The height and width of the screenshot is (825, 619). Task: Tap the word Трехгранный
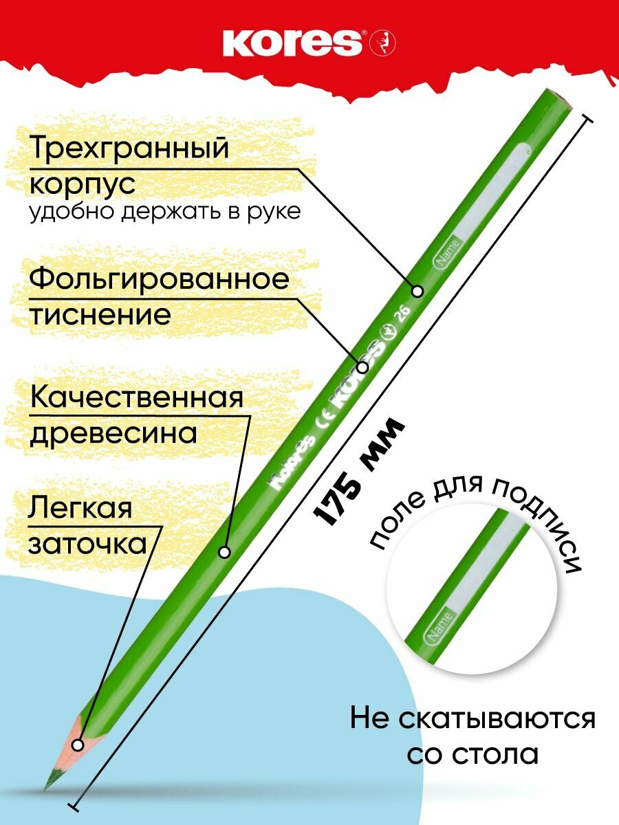coord(128,148)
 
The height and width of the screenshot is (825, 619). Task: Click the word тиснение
coord(99,316)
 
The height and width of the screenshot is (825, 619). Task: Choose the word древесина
coord(113,434)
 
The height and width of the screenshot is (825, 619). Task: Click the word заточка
coord(87,544)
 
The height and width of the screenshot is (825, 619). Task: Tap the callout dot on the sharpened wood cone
coord(78,745)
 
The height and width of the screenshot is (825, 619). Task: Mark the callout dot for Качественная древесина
coord(224,551)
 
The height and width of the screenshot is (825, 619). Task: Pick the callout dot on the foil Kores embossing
coord(362,365)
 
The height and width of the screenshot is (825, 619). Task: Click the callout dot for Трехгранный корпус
coord(417,291)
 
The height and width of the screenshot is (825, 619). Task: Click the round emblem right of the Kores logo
coord(379,44)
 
